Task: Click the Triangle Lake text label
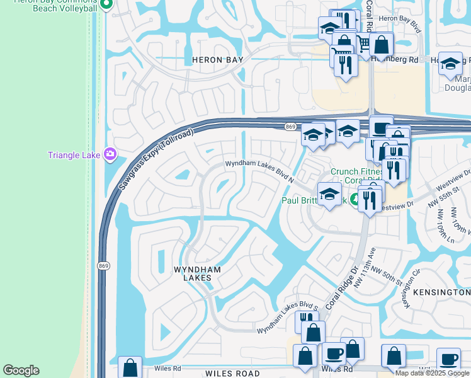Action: coord(74,155)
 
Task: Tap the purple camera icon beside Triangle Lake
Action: coord(110,154)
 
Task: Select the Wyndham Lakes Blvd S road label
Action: coord(285,326)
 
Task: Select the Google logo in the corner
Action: coord(21,370)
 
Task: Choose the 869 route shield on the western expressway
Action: coord(105,266)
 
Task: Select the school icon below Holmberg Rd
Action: coord(450,63)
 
